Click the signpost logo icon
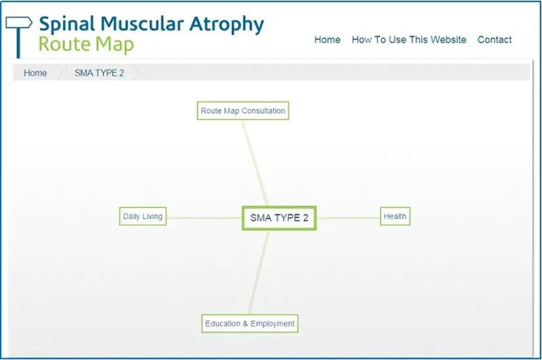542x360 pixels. click(x=18, y=37)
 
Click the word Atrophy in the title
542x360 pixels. click(x=226, y=24)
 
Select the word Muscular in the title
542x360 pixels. click(x=142, y=24)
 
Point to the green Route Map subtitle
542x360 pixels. click(x=86, y=45)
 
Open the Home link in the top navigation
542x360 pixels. click(x=327, y=40)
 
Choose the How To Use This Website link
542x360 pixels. click(x=409, y=40)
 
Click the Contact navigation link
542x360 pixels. click(x=495, y=40)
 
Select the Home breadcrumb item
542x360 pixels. click(x=35, y=73)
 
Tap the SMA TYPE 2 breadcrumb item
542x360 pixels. click(x=99, y=73)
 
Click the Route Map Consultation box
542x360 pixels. click(x=243, y=111)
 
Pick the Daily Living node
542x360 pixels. click(x=143, y=216)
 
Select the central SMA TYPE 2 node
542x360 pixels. click(x=279, y=218)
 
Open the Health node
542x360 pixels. click(x=395, y=216)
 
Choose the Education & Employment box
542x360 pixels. click(x=250, y=323)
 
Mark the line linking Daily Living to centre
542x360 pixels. click(x=205, y=218)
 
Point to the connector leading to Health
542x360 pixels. click(x=348, y=218)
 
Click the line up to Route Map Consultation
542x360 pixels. click(x=255, y=163)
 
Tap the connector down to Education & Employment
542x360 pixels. click(x=258, y=272)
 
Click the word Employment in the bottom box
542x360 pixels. click(x=272, y=324)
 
